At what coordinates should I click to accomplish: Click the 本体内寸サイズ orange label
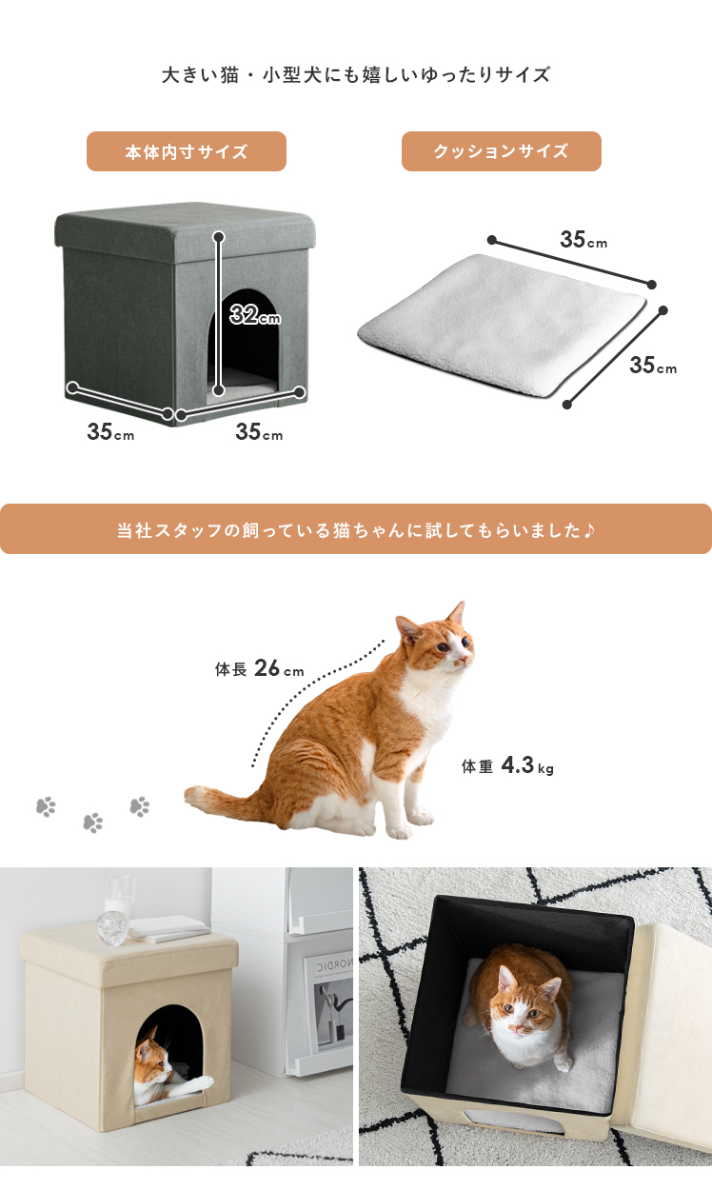click(x=187, y=151)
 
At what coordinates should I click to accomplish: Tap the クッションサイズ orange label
click(x=501, y=151)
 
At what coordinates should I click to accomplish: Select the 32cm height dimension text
click(x=255, y=314)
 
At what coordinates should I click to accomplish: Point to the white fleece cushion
click(x=502, y=327)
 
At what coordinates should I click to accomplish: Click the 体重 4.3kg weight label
click(x=507, y=765)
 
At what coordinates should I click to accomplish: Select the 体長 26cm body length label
click(x=259, y=668)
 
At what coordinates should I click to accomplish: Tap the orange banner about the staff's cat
click(x=356, y=529)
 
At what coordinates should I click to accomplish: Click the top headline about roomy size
click(x=355, y=75)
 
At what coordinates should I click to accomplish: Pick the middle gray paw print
click(x=93, y=823)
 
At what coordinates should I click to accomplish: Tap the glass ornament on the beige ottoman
click(x=112, y=926)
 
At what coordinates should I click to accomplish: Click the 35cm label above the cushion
click(x=583, y=240)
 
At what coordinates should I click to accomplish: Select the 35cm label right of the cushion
click(x=653, y=365)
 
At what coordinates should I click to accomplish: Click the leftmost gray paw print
click(x=46, y=806)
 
